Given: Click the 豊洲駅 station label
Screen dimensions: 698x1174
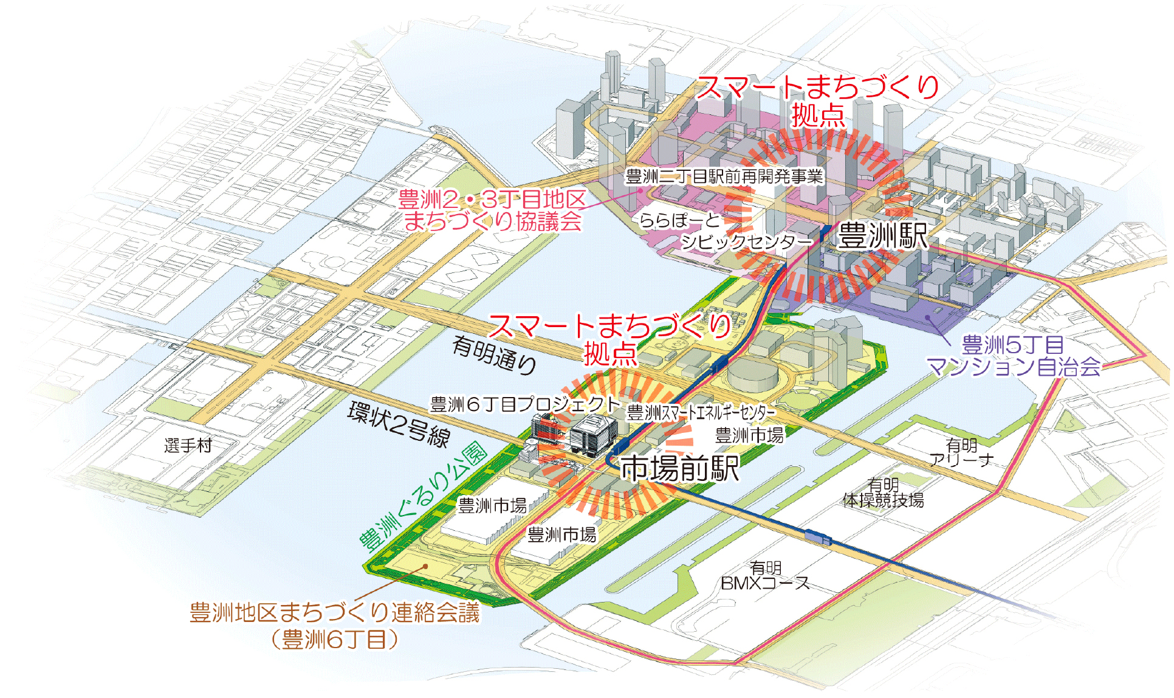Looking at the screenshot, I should (x=882, y=236).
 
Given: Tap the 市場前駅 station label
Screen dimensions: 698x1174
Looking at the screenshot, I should (x=679, y=469).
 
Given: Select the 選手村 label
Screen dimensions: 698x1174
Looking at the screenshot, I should (x=188, y=446).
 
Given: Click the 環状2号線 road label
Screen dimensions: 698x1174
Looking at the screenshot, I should (x=399, y=424).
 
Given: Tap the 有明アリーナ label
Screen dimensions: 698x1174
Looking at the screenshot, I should (x=961, y=453).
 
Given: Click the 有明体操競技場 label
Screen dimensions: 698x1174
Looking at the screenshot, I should (x=883, y=493).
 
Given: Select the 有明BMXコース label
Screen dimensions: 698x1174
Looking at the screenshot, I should (x=765, y=576).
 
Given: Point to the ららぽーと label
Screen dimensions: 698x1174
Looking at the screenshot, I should (x=679, y=220).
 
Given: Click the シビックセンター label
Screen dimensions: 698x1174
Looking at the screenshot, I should (x=746, y=242).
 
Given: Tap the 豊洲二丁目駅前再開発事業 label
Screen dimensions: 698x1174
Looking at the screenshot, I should (x=724, y=176).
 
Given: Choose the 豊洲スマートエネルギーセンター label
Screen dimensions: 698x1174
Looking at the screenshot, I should (x=701, y=413).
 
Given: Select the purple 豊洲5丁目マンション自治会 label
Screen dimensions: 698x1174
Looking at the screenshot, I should (x=1013, y=356).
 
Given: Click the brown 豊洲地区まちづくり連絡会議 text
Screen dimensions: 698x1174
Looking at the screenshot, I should (x=335, y=612).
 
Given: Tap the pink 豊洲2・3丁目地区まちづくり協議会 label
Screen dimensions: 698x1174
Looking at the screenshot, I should (x=492, y=210).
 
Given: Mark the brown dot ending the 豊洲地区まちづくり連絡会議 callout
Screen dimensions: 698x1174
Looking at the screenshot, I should (x=426, y=566).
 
